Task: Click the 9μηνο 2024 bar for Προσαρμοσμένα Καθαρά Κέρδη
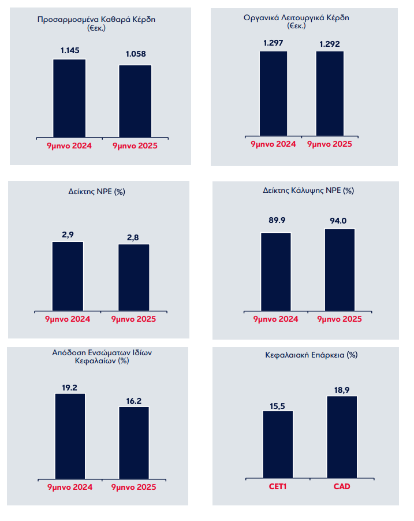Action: pyautogui.click(x=69, y=98)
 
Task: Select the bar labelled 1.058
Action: pyautogui.click(x=136, y=101)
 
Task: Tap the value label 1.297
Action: pyautogui.click(x=273, y=43)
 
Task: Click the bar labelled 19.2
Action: pyautogui.click(x=70, y=436)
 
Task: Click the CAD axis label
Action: pyautogui.click(x=342, y=486)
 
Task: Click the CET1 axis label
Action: pyautogui.click(x=278, y=486)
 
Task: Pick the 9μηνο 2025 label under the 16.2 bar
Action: pyautogui.click(x=134, y=486)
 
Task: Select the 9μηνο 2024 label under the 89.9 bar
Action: pyautogui.click(x=275, y=319)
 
